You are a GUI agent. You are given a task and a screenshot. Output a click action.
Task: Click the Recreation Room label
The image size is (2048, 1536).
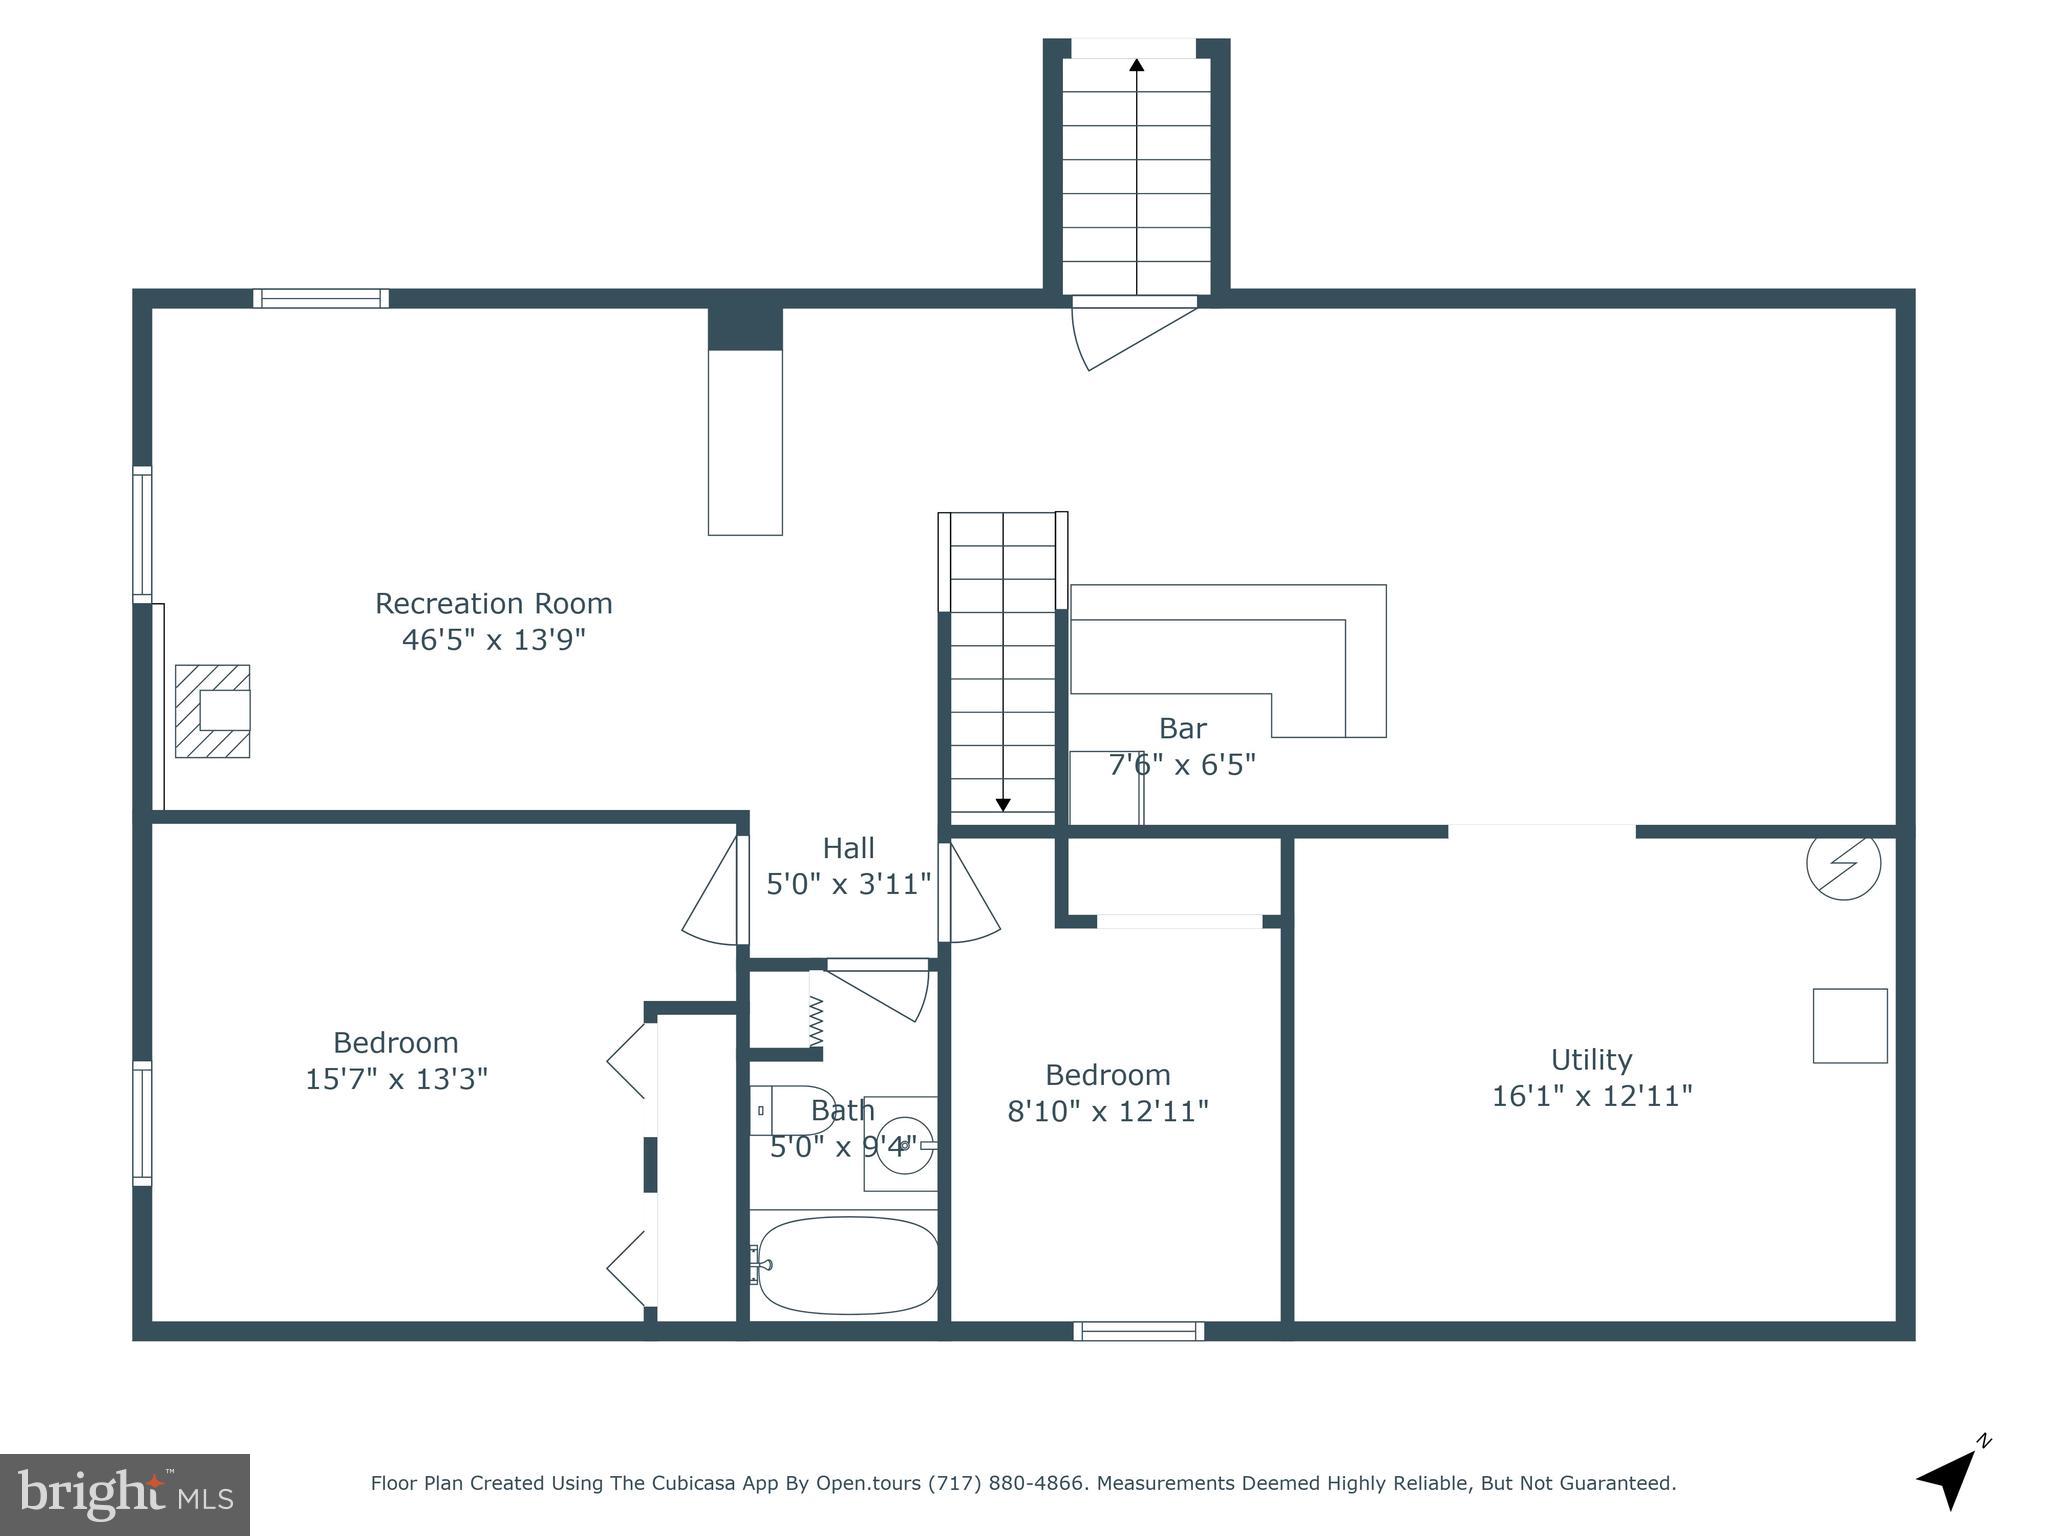(x=493, y=604)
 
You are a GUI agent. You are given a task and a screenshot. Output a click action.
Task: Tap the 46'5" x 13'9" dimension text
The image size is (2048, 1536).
(x=493, y=640)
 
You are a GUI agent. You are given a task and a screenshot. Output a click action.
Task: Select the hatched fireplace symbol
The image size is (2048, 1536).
(x=212, y=711)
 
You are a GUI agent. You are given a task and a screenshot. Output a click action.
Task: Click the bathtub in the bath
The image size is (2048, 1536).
(x=847, y=1265)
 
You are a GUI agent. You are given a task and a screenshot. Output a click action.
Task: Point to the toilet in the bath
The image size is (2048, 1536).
(x=793, y=1110)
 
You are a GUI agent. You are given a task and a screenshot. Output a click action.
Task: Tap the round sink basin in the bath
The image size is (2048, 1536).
(x=904, y=1144)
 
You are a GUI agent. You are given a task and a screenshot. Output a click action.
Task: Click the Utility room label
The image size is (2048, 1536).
(x=1591, y=1060)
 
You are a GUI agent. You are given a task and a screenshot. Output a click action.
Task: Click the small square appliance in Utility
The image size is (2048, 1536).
(x=1850, y=1026)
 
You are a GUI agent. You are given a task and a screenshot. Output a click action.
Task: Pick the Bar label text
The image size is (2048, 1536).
(x=1182, y=729)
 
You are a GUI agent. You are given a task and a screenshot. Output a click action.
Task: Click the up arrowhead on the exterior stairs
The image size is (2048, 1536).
(x=1136, y=66)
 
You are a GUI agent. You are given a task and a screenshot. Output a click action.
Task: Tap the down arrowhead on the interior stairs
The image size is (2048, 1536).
(x=1003, y=804)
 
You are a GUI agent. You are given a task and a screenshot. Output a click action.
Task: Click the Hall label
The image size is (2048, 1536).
(x=848, y=849)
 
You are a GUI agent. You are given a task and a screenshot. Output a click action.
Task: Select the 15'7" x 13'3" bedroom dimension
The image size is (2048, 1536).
(x=396, y=1080)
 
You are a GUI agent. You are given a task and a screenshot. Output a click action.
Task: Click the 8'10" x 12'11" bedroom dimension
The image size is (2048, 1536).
(x=1107, y=1112)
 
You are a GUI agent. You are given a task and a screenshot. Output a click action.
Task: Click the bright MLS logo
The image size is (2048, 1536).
(x=125, y=1495)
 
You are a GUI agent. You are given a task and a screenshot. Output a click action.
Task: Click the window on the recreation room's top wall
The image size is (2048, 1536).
(x=320, y=298)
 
